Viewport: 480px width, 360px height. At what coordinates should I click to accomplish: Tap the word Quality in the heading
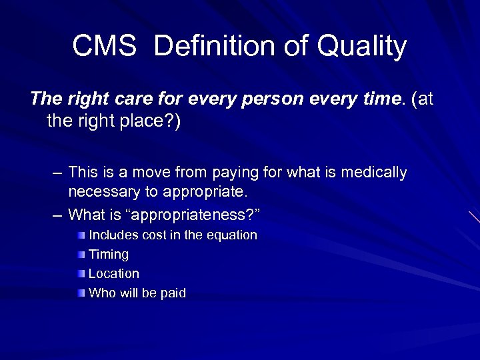(x=362, y=47)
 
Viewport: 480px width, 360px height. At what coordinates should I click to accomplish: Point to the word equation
(x=233, y=235)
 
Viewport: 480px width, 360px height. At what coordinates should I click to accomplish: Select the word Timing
(x=109, y=255)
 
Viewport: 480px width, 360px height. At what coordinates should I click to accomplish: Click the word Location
(x=114, y=273)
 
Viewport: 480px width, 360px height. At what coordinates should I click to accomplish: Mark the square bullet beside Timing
(x=81, y=254)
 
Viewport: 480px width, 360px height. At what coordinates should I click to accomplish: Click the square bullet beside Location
(x=81, y=273)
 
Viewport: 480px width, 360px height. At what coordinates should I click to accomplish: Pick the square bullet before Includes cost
(x=81, y=235)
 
